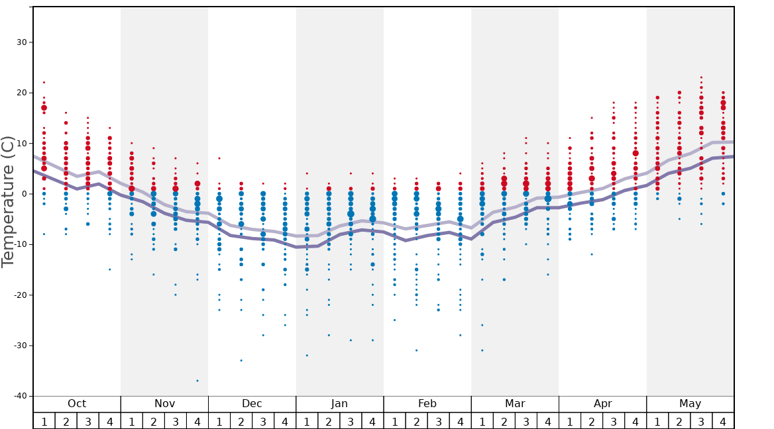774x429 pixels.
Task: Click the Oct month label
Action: [77, 404]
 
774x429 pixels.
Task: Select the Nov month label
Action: [164, 404]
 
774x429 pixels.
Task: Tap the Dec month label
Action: [252, 404]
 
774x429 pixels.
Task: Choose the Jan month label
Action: [339, 404]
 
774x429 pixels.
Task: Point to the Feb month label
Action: [427, 404]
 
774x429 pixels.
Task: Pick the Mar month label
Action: [515, 404]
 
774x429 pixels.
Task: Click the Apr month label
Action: [602, 404]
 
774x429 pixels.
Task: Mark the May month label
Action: [690, 404]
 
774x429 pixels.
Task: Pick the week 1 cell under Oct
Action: [44, 421]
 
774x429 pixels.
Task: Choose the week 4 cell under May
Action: [723, 421]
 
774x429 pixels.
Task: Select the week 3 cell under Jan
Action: [351, 421]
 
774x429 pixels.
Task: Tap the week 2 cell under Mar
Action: [504, 421]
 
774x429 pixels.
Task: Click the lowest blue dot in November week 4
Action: [197, 381]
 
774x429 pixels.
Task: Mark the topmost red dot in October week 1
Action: [44, 83]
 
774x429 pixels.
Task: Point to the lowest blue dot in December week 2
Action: [241, 360]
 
